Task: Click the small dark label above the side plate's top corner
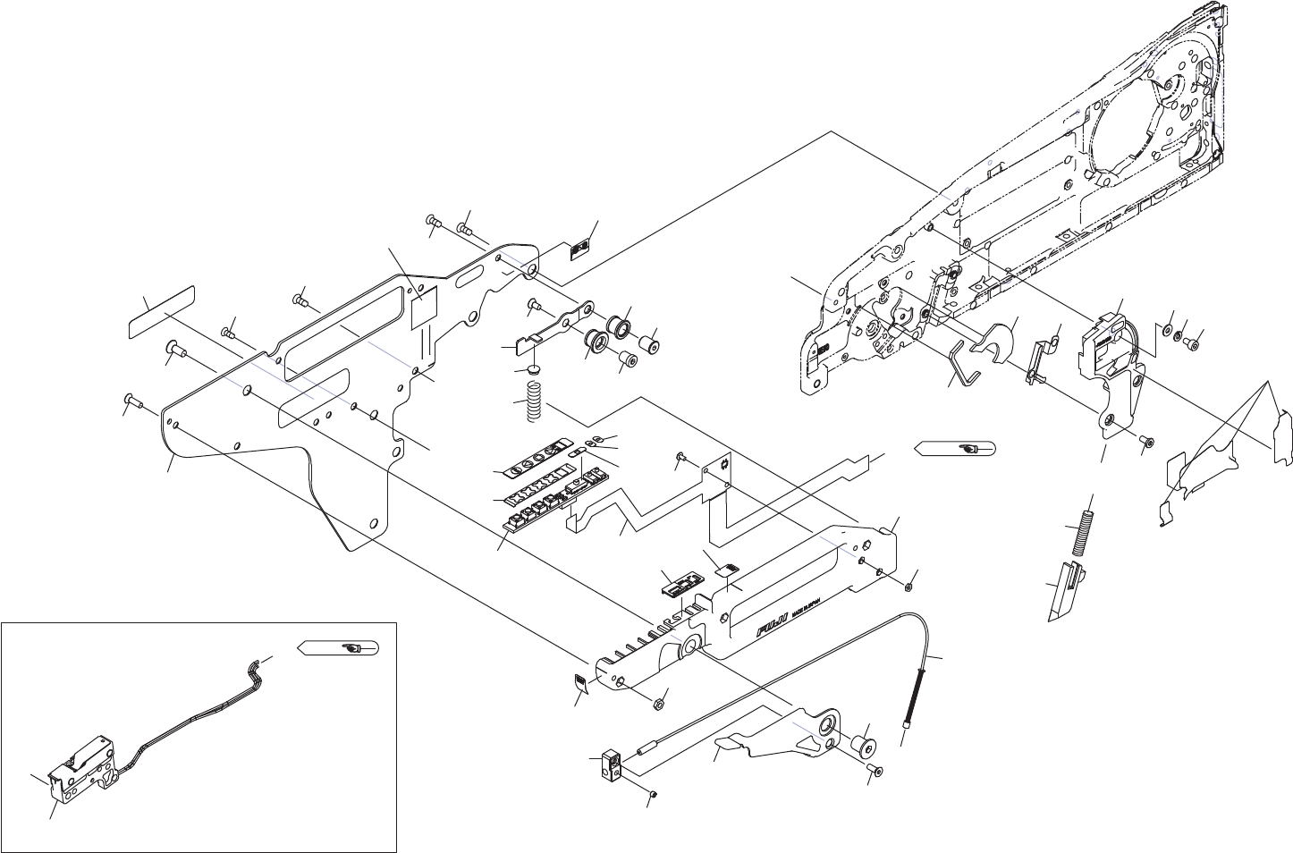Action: click(582, 249)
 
